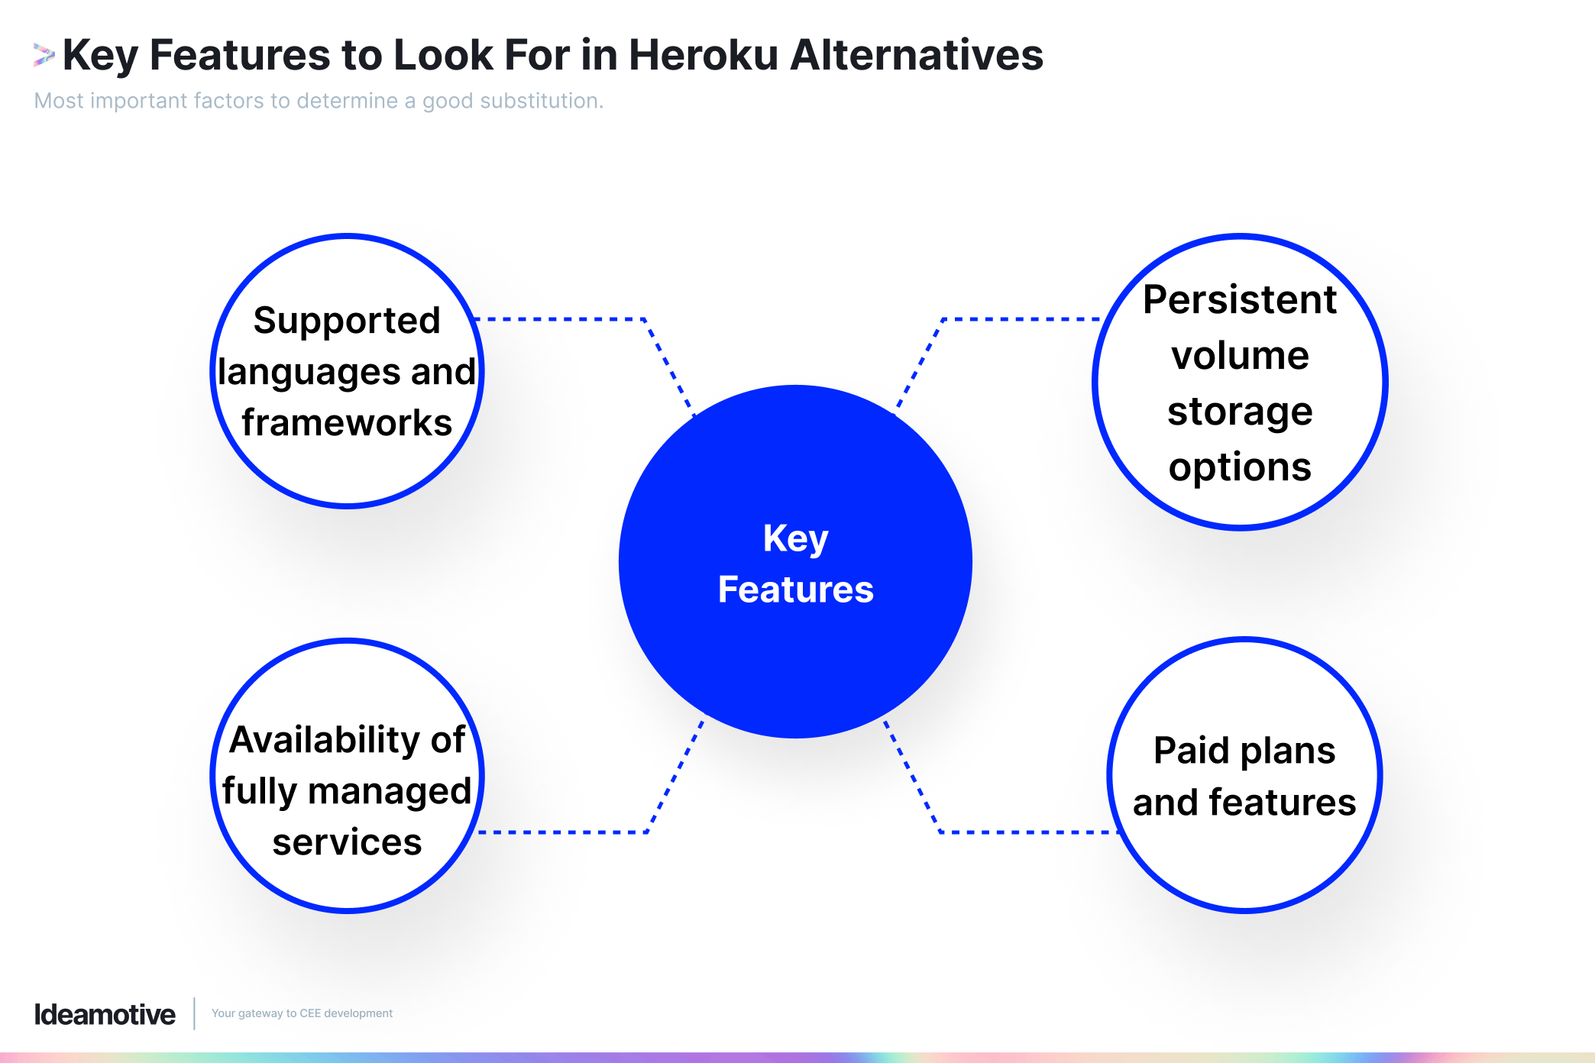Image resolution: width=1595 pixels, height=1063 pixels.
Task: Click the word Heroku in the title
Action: pyautogui.click(x=703, y=55)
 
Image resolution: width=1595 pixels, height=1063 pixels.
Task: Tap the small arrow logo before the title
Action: pyautogui.click(x=44, y=55)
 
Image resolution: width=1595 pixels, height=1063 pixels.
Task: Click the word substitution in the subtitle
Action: pyautogui.click(x=540, y=101)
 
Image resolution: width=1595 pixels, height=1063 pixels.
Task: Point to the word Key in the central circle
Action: pyautogui.click(x=795, y=538)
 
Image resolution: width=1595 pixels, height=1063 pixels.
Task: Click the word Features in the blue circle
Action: pyautogui.click(x=795, y=590)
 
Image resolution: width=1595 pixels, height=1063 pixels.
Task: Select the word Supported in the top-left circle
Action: pyautogui.click(x=347, y=320)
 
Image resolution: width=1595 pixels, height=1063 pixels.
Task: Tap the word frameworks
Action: pyautogui.click(x=347, y=422)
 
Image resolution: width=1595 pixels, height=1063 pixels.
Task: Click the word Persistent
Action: pyautogui.click(x=1239, y=299)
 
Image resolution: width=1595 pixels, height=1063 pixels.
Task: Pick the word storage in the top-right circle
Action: pyautogui.click(x=1239, y=412)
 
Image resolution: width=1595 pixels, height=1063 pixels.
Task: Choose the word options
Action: pyautogui.click(x=1239, y=467)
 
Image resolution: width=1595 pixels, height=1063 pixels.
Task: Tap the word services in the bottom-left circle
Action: pyautogui.click(x=347, y=842)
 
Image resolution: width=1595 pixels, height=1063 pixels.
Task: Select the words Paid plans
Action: pyautogui.click(x=1244, y=750)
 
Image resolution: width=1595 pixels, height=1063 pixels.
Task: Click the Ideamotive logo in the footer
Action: pyautogui.click(x=105, y=1014)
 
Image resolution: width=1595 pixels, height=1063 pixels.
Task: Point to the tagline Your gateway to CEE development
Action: pyautogui.click(x=302, y=1013)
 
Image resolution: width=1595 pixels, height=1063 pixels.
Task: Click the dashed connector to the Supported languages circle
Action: pyautogui.click(x=565, y=319)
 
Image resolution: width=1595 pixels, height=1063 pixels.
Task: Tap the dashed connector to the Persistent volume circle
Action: pyautogui.click(x=1020, y=319)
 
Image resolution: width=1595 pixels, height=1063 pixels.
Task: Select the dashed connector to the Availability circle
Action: pyautogui.click(x=565, y=832)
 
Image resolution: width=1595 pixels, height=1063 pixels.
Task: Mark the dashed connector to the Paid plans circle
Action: pyautogui.click(x=1027, y=832)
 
